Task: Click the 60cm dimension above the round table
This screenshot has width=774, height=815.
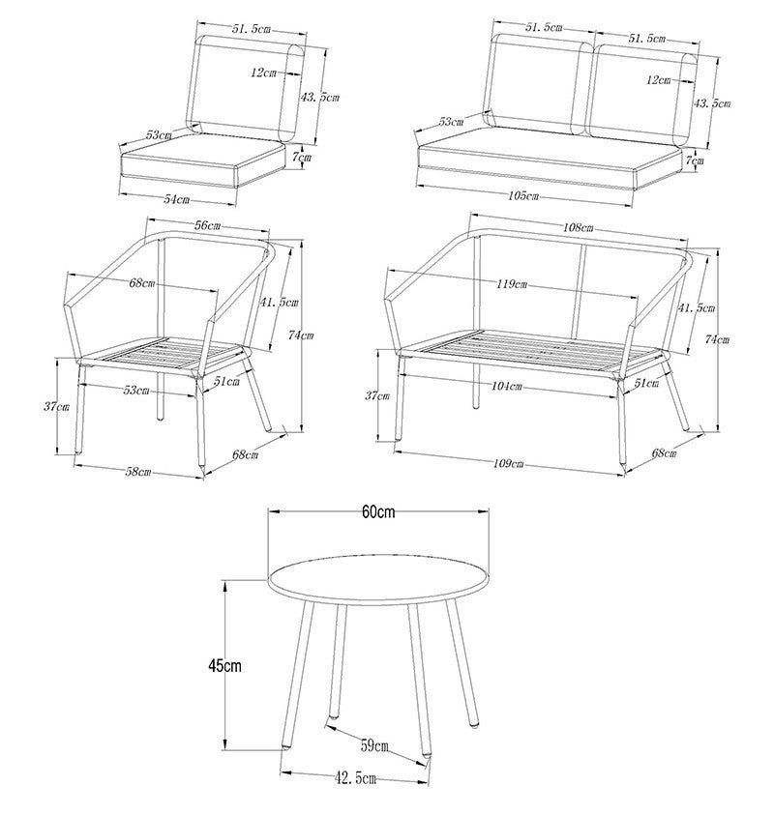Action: (379, 512)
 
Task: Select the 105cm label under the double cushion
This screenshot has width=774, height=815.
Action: (522, 196)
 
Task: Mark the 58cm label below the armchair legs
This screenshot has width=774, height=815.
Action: (138, 472)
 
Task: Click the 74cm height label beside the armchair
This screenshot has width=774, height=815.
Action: (301, 335)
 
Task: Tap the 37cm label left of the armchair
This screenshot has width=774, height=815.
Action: (57, 407)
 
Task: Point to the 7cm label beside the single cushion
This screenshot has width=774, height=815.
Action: (303, 156)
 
